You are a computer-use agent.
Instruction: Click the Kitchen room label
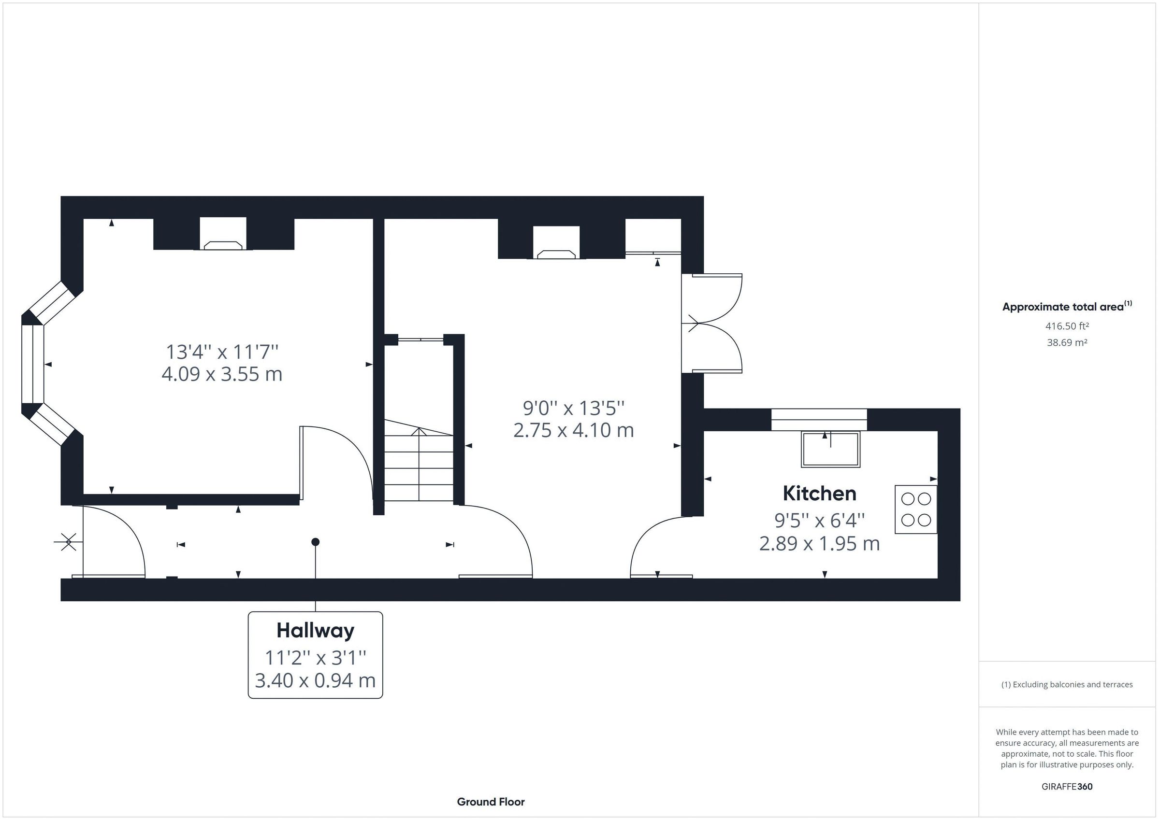click(x=819, y=494)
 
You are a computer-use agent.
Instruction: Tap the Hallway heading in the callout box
click(x=315, y=631)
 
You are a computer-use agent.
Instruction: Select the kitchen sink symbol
click(x=830, y=449)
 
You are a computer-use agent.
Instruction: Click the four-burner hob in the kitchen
click(x=915, y=509)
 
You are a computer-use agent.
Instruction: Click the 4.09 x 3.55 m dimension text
click(x=222, y=374)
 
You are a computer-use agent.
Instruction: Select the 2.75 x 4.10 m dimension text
click(x=573, y=430)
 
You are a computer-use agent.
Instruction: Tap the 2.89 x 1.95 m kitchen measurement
click(x=819, y=544)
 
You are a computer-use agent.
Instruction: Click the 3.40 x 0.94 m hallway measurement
click(x=315, y=680)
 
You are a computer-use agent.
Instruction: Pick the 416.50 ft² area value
click(x=1067, y=326)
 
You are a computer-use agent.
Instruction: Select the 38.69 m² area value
click(x=1067, y=342)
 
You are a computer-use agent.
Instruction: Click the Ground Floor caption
click(x=491, y=802)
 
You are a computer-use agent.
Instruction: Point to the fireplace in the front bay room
click(x=223, y=245)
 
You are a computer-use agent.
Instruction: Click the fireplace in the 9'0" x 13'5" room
click(x=556, y=254)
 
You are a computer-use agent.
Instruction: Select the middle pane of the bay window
click(x=32, y=364)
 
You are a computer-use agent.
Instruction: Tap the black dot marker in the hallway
click(x=315, y=542)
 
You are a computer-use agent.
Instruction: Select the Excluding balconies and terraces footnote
click(x=1067, y=685)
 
